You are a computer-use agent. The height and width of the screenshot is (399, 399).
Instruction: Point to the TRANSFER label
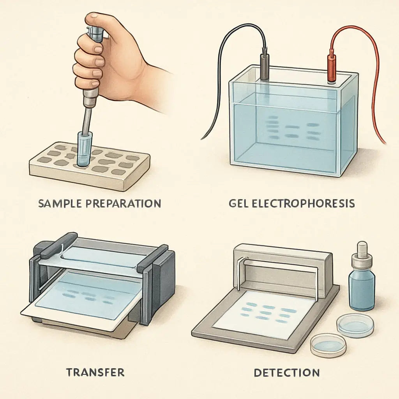95,372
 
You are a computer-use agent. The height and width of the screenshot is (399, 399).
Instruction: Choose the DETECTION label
287,373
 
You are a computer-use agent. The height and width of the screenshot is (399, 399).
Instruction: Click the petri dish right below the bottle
355,325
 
